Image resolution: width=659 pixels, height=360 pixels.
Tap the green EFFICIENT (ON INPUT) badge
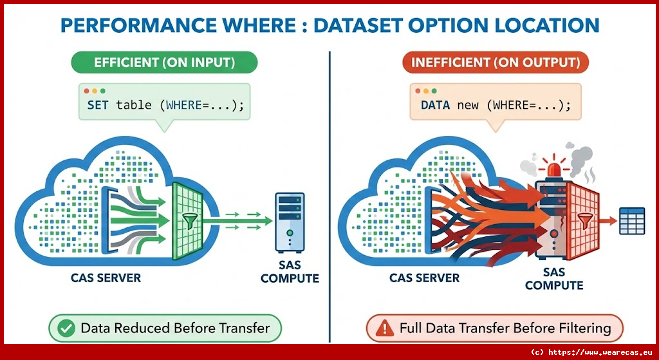pos(164,62)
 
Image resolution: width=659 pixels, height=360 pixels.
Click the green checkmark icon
pos(65,328)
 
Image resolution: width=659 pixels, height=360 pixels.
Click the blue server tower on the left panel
pos(290,222)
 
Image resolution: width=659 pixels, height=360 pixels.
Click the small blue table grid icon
pos(632,221)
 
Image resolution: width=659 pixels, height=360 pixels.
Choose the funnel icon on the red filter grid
pos(584,221)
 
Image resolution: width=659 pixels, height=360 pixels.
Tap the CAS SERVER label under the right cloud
pos(424,278)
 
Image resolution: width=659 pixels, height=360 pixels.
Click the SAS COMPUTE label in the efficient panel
pos(290,271)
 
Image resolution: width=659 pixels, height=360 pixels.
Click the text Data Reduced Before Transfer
pos(175,328)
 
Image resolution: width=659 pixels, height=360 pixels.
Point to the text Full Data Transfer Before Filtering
pos(505,328)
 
